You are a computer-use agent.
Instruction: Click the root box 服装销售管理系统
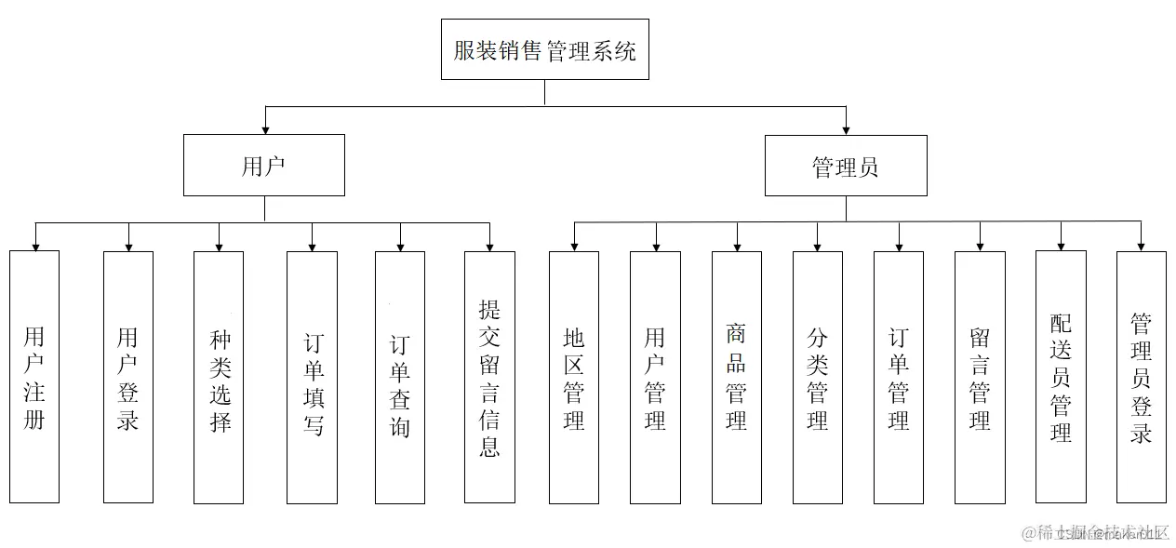[x=544, y=49]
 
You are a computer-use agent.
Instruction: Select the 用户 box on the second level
[x=263, y=166]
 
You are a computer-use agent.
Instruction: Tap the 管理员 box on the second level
[x=845, y=167]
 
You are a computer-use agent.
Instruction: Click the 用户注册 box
[x=34, y=377]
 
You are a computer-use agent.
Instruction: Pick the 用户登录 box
[x=127, y=377]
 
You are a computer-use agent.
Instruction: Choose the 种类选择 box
[x=219, y=377]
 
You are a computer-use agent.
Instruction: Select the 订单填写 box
[x=312, y=377]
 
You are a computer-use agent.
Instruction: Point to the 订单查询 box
[x=400, y=377]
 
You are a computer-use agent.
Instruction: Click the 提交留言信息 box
[x=489, y=377]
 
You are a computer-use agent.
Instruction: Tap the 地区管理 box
[x=574, y=377]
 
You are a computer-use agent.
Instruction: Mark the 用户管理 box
[x=655, y=377]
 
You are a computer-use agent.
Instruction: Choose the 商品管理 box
[x=737, y=377]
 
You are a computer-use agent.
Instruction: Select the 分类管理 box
[x=818, y=377]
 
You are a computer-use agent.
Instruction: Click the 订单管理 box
[x=899, y=377]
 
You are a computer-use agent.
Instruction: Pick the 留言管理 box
[x=980, y=377]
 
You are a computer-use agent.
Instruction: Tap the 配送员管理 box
[x=1061, y=377]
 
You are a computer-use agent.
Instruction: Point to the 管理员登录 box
[x=1142, y=377]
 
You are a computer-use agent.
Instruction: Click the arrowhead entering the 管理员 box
[x=846, y=129]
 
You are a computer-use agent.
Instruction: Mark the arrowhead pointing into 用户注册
[x=35, y=246]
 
